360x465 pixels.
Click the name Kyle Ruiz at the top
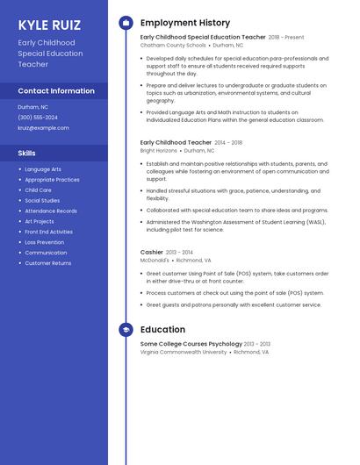click(48, 25)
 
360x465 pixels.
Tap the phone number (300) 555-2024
click(38, 117)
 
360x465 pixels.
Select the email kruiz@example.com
click(43, 127)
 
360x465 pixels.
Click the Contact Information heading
click(56, 90)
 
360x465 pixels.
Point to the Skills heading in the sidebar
click(27, 153)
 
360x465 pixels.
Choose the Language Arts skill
click(43, 169)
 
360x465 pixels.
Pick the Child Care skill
click(38, 190)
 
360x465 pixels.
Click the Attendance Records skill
click(51, 211)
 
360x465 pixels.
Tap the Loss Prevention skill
click(44, 242)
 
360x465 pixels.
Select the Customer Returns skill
click(48, 263)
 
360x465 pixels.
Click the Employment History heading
click(184, 23)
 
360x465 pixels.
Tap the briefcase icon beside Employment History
click(126, 23)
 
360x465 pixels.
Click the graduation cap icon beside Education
click(126, 329)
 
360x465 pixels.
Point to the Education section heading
click(162, 329)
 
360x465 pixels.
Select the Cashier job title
click(151, 252)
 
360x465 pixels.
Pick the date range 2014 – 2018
click(228, 142)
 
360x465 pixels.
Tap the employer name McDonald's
click(155, 260)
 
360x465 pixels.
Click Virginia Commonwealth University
click(183, 352)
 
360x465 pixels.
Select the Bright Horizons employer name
click(158, 150)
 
